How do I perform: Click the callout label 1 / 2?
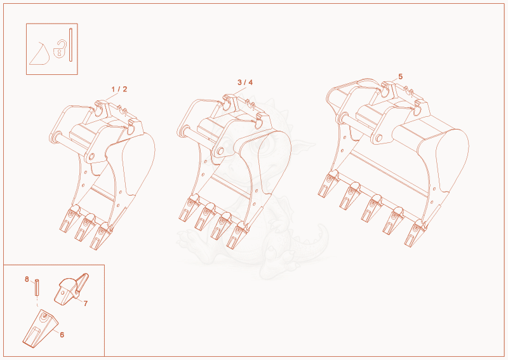pos(119,89)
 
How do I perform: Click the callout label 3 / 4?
pos(245,83)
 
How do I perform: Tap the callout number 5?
pos(401,76)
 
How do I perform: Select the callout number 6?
pos(62,335)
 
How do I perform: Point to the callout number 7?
pos(86,303)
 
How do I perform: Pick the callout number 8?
pos(27,279)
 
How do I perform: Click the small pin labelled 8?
pos(37,287)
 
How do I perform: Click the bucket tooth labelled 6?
pos(40,328)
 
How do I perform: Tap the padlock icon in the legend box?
pos(60,50)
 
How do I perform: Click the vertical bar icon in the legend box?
pos(70,44)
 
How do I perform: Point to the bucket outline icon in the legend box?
pos(39,54)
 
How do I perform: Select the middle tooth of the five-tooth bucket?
pos(371,208)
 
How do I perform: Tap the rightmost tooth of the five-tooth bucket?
pos(415,232)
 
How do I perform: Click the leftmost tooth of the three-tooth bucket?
pos(69,218)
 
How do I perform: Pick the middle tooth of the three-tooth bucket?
pos(84,227)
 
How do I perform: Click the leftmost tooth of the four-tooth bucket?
pos(189,208)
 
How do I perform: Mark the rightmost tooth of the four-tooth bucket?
pos(237,235)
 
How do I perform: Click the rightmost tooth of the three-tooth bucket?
pos(100,236)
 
